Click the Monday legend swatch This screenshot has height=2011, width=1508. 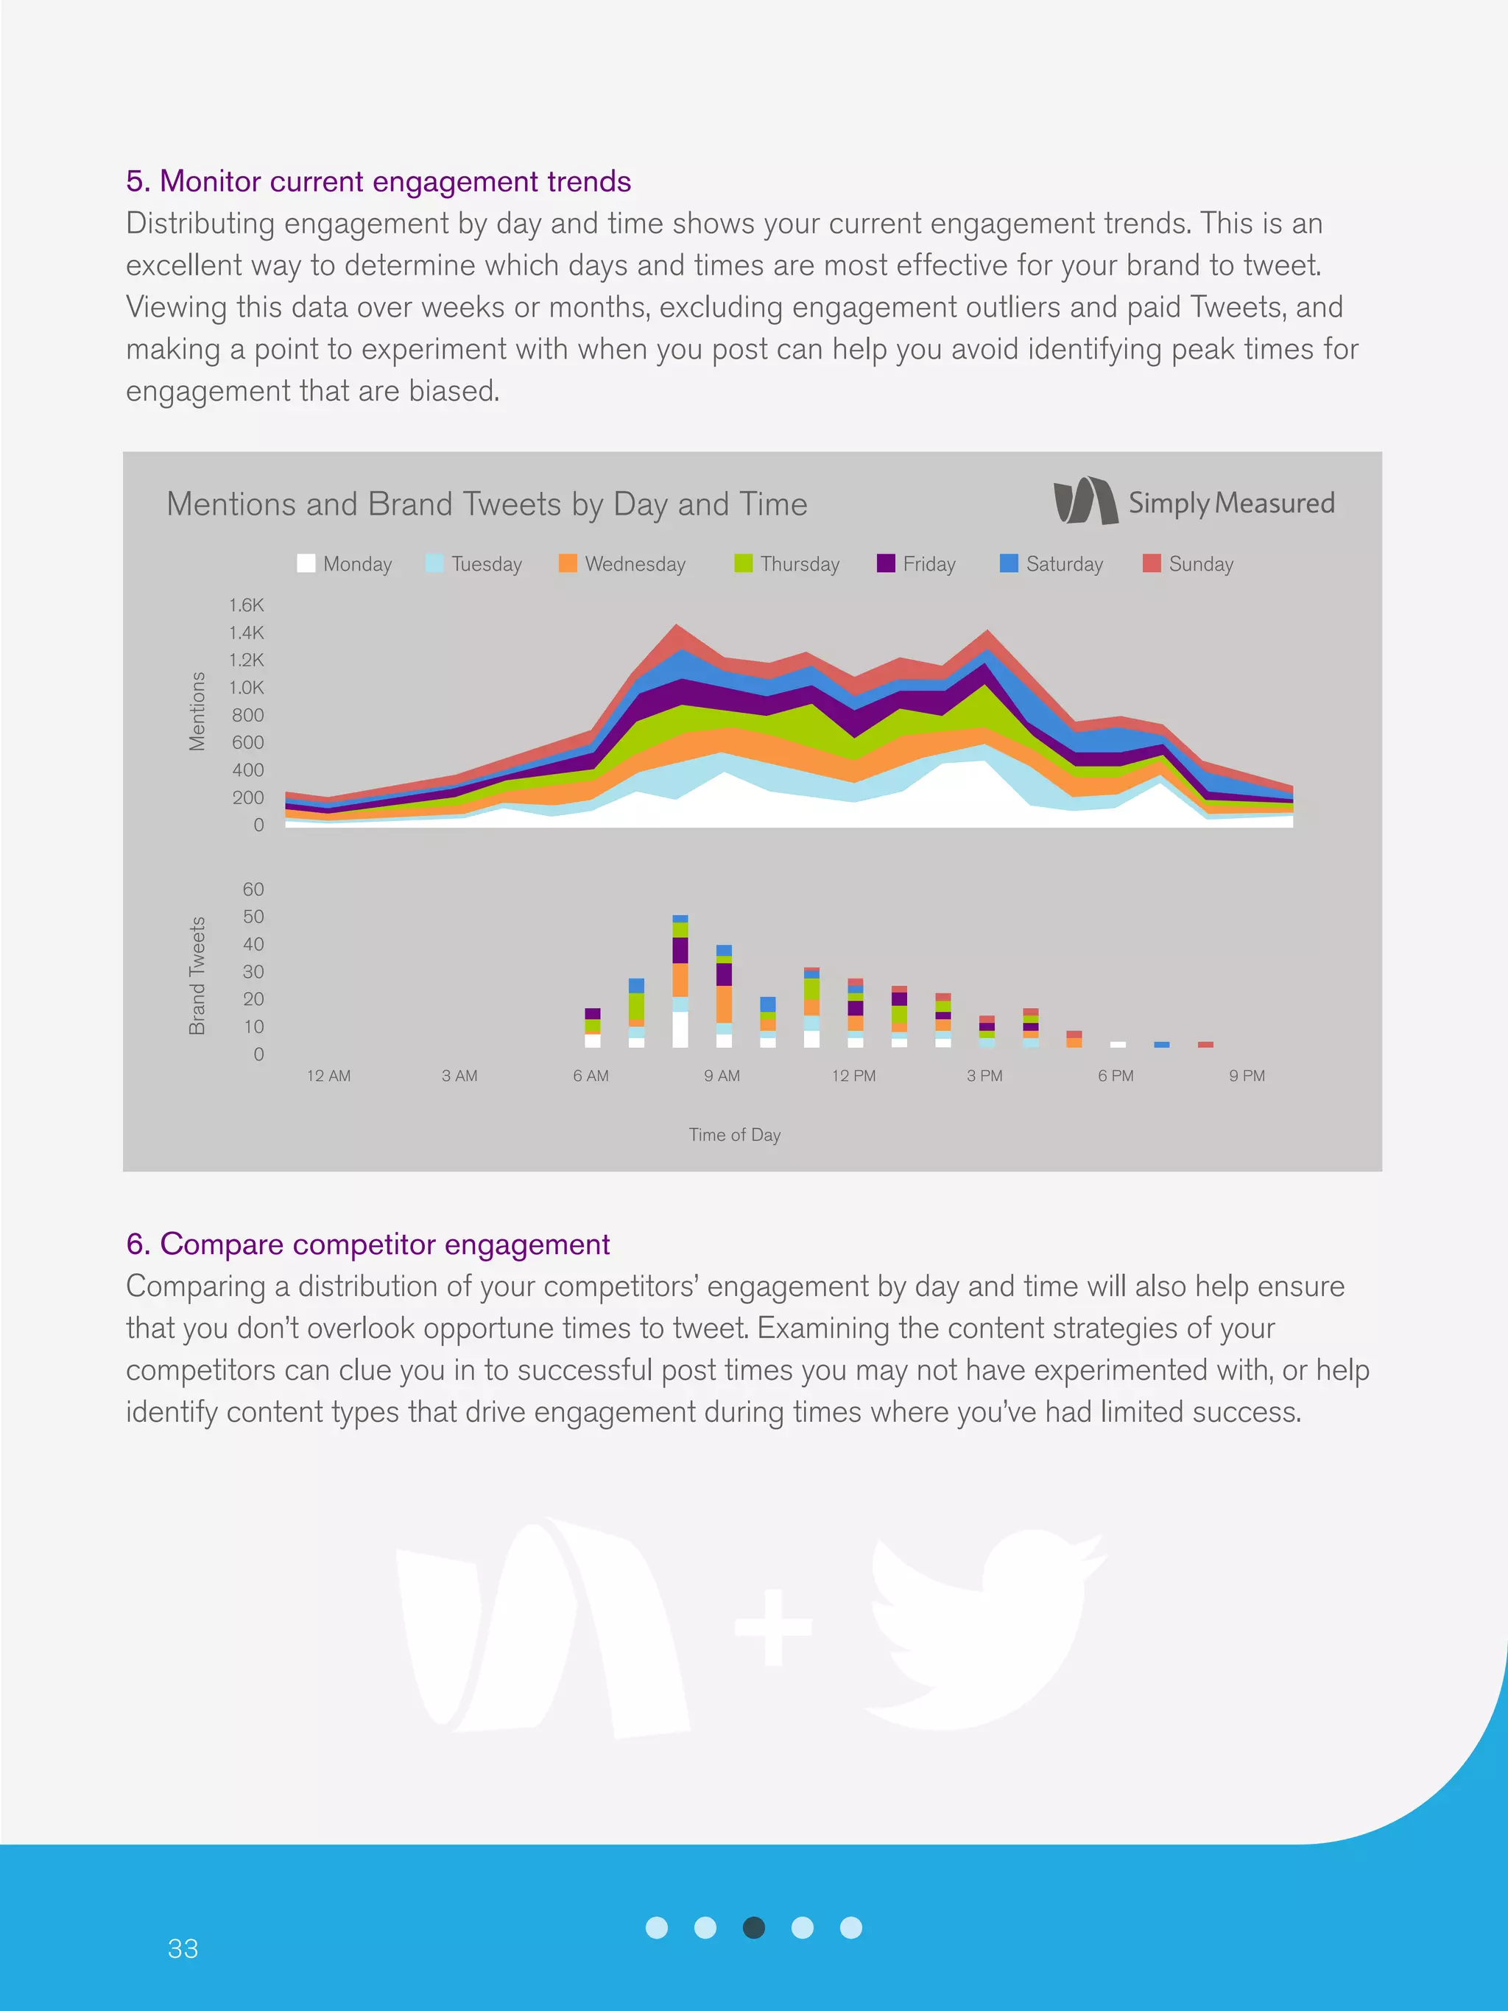point(306,563)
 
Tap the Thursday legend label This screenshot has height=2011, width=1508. point(799,563)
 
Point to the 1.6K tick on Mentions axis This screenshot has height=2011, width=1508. point(247,605)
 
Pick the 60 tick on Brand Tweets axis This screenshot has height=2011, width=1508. point(253,889)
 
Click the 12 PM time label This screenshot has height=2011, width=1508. point(853,1076)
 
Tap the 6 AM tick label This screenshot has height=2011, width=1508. point(591,1076)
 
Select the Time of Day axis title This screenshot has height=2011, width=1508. point(734,1135)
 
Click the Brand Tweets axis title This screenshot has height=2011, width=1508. point(197,976)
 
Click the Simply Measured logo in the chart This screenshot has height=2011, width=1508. point(1194,502)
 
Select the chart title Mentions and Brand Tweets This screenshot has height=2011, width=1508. point(486,504)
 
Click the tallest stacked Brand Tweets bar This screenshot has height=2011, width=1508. point(680,982)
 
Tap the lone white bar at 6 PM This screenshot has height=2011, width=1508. point(1118,1045)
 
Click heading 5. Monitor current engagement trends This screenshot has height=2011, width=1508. point(378,182)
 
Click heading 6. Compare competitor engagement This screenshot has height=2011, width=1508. point(368,1244)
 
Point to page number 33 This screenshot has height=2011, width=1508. point(183,1948)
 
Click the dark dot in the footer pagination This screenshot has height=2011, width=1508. point(753,1927)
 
